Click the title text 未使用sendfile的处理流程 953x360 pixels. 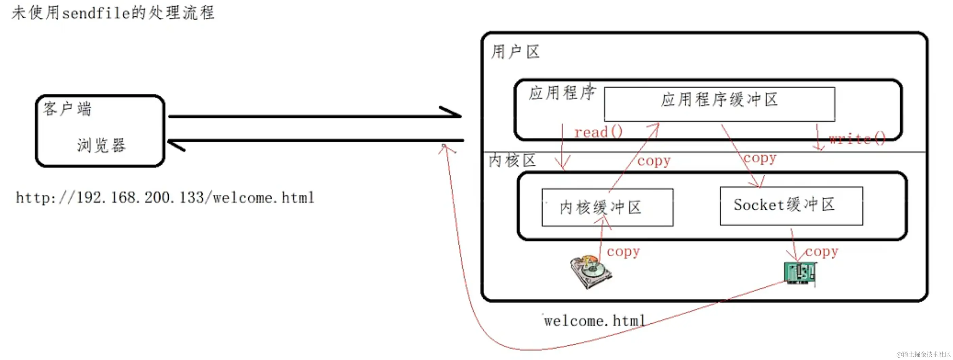(113, 13)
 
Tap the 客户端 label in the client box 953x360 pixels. (67, 109)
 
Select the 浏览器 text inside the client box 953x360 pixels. (101, 145)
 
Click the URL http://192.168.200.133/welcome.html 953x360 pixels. (165, 198)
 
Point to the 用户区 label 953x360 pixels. (515, 52)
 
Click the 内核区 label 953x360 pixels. (513, 161)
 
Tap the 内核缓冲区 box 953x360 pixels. (607, 207)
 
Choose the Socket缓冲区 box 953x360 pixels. (791, 206)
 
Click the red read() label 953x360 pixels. (598, 132)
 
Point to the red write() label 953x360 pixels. (857, 139)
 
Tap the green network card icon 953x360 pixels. (800, 273)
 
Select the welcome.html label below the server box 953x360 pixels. (595, 321)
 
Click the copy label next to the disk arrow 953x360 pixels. (623, 251)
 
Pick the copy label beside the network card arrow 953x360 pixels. (822, 251)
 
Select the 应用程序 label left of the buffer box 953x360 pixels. (562, 93)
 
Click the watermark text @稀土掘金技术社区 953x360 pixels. (923, 354)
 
